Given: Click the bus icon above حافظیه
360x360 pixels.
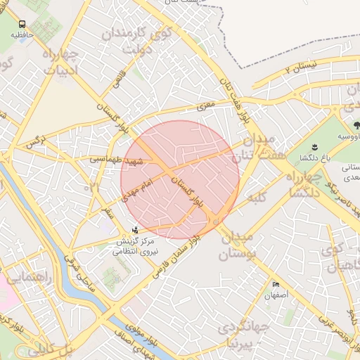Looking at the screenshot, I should point(22,24).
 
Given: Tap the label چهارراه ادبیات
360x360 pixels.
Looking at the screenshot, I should point(64,63).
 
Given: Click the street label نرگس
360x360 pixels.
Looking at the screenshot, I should point(36,141).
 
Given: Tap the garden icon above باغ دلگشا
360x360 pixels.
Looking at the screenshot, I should point(314,147).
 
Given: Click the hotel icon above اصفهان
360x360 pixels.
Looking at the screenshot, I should point(276,285).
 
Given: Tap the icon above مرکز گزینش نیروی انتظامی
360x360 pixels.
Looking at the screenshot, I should point(135,229).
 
